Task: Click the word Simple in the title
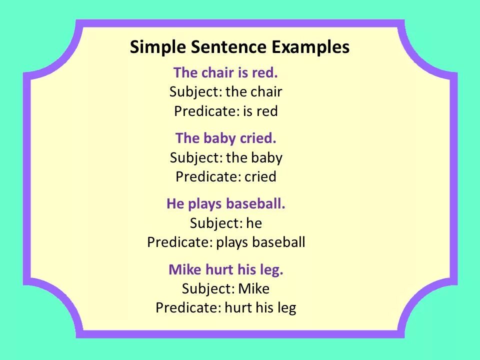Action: click(157, 47)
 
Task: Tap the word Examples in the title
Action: click(310, 47)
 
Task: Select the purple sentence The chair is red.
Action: click(225, 73)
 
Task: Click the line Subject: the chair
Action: click(225, 92)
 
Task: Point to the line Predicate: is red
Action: click(225, 111)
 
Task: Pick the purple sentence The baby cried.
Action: click(225, 138)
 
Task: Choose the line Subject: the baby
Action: click(226, 157)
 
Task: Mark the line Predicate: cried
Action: click(225, 176)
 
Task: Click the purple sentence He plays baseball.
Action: click(225, 204)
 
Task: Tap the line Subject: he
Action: click(225, 223)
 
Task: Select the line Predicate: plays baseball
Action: click(226, 242)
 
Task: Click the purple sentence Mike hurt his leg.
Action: click(226, 270)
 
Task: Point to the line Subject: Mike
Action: click(225, 288)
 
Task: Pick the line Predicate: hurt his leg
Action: click(225, 307)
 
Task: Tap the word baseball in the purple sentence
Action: click(255, 204)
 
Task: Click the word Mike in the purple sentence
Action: click(185, 270)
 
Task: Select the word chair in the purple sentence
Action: click(218, 73)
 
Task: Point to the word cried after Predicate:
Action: click(260, 176)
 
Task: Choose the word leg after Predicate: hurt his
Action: click(286, 308)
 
